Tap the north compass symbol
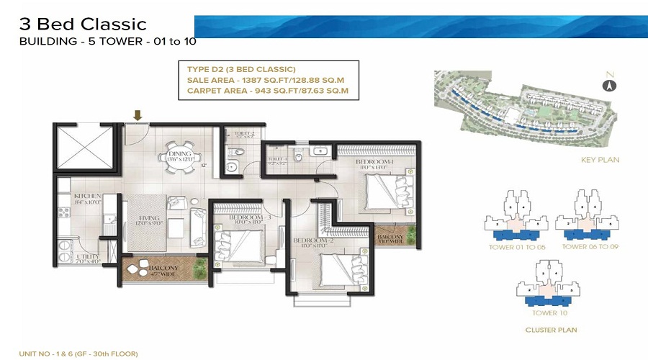pyautogui.click(x=609, y=85)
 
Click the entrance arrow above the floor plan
pyautogui.click(x=137, y=114)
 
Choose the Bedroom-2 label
pyautogui.click(x=311, y=243)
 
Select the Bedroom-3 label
pyautogui.click(x=248, y=219)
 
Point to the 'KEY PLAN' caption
pyautogui.click(x=599, y=160)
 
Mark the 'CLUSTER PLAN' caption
pyautogui.click(x=550, y=330)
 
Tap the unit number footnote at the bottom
pyautogui.click(x=78, y=354)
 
